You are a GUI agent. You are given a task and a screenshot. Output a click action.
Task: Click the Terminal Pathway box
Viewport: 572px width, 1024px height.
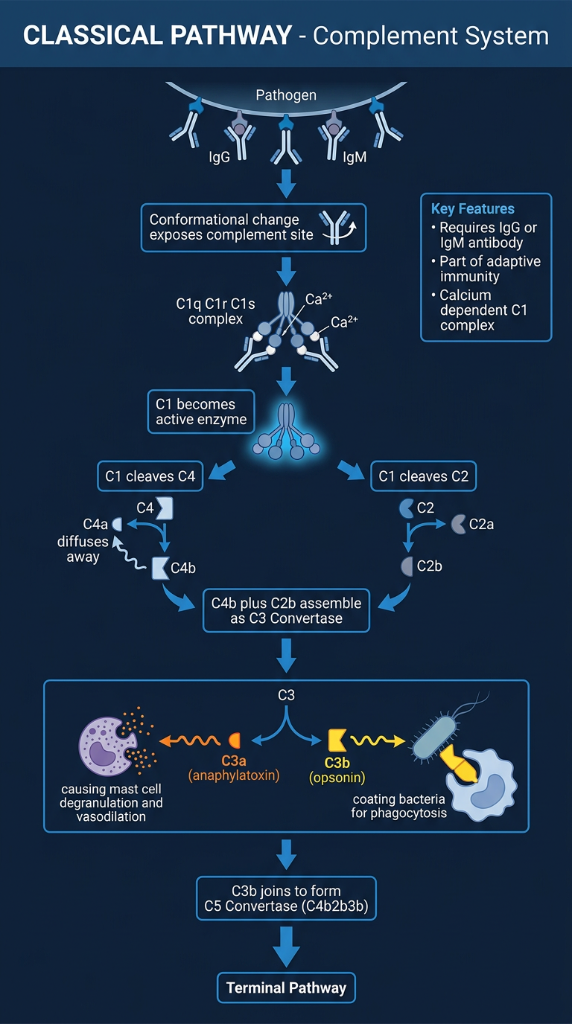click(286, 988)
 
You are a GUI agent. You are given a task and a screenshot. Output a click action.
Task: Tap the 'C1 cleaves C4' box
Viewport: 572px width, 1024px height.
click(150, 476)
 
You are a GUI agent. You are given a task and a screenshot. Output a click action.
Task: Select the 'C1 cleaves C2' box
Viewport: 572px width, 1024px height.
click(423, 476)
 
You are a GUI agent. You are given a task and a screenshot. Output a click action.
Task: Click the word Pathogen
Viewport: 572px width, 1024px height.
click(286, 95)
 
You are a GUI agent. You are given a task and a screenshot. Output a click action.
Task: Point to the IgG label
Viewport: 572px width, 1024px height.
click(219, 157)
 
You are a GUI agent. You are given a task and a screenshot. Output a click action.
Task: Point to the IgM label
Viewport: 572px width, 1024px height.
click(355, 157)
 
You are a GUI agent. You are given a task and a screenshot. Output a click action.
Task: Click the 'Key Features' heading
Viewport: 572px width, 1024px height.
click(473, 209)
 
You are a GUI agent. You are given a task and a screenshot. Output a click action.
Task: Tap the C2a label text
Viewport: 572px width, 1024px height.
click(481, 525)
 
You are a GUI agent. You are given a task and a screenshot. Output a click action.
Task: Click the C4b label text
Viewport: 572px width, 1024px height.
click(183, 568)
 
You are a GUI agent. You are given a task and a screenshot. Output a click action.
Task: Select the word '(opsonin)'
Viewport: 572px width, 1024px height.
click(337, 777)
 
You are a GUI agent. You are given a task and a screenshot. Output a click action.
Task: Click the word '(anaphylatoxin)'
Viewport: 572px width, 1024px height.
click(234, 775)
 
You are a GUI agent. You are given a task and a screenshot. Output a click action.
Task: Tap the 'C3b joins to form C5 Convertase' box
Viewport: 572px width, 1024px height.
click(286, 898)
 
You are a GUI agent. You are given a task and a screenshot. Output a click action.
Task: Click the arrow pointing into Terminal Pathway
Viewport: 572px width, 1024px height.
click(286, 947)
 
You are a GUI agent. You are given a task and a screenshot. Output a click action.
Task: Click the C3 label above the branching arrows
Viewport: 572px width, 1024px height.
click(286, 695)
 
